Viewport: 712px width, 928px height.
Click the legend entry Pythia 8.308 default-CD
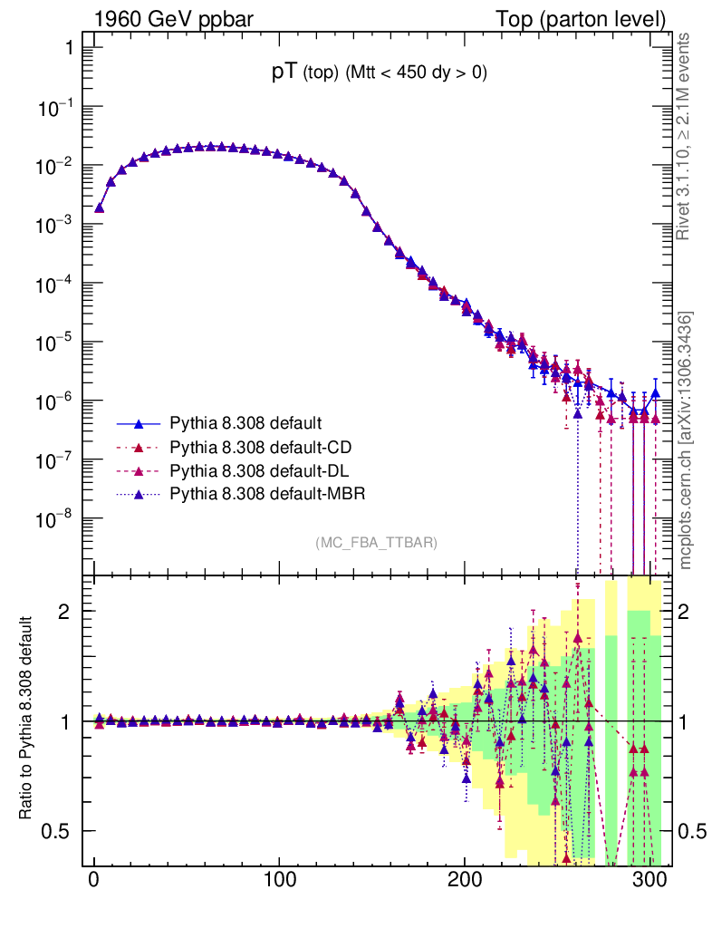click(x=261, y=447)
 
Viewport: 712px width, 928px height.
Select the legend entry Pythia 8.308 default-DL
click(x=260, y=470)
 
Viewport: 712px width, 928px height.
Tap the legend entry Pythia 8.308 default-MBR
click(x=266, y=494)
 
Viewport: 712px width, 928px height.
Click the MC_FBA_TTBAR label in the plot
click(x=377, y=543)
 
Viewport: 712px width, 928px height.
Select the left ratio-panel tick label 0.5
click(x=56, y=831)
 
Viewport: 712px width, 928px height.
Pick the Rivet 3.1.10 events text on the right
click(x=685, y=136)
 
